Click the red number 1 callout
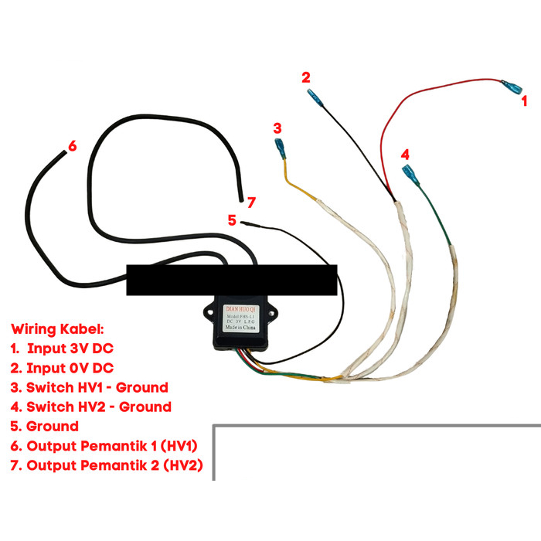pos(523,100)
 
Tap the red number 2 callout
pos(306,77)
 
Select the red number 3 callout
pos(277,128)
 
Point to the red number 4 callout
pos(405,154)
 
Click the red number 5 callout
pos(232,219)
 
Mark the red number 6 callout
pos(72,146)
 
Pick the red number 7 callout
pos(250,202)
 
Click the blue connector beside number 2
pos(315,98)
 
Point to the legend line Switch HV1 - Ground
pos(90,386)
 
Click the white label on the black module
pos(242,318)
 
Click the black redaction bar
pos(231,280)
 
